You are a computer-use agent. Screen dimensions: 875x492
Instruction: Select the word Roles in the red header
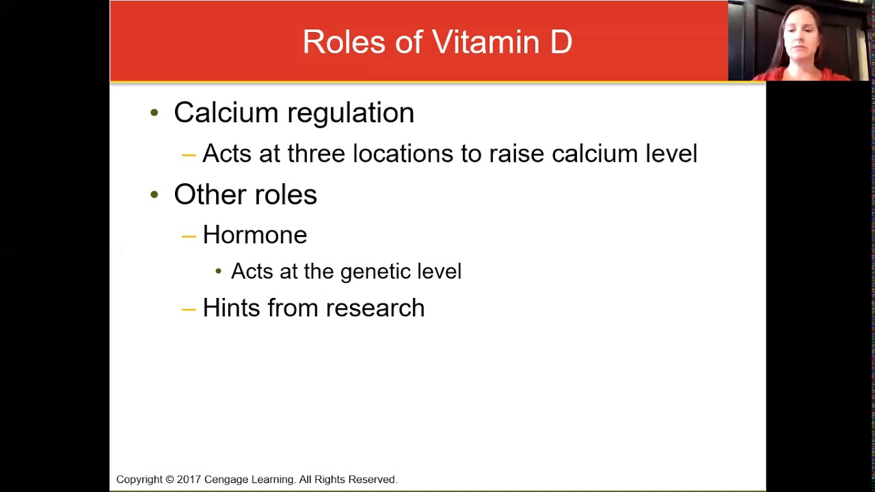[x=344, y=42]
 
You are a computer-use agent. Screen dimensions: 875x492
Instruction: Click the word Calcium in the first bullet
[x=226, y=113]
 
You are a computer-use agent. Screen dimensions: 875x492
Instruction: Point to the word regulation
[x=351, y=113]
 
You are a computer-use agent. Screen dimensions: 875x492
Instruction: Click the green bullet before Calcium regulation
[x=154, y=113]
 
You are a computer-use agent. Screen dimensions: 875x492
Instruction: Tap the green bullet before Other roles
[x=154, y=194]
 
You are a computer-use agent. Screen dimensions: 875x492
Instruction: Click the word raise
[x=516, y=153]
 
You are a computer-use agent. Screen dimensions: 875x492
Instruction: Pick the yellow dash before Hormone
[x=189, y=236]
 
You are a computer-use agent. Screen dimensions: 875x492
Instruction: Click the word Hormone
[x=255, y=234]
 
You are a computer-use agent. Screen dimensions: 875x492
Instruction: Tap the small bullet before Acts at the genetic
[x=218, y=271]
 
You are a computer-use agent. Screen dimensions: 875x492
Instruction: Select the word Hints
[x=232, y=307]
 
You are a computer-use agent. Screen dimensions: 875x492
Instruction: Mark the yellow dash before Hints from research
[x=189, y=310]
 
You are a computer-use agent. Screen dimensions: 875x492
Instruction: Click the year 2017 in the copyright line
[x=189, y=479]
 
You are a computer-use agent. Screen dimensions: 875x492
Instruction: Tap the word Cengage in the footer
[x=226, y=480]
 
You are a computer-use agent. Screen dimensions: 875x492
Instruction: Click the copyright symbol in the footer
[x=170, y=479]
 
